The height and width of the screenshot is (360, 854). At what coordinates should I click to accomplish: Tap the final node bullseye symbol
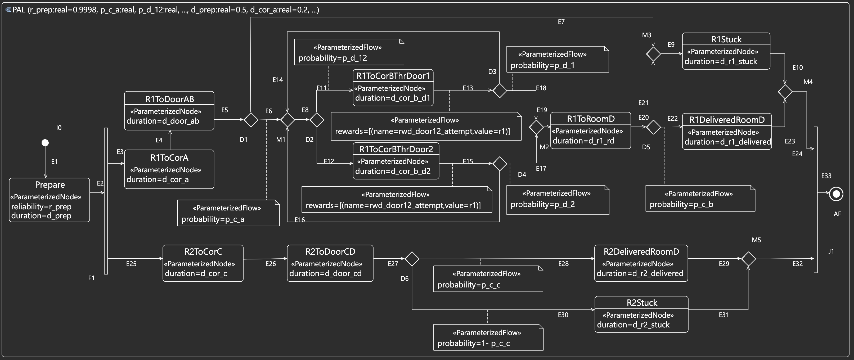click(x=836, y=194)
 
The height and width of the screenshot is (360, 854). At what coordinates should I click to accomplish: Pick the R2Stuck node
click(x=641, y=314)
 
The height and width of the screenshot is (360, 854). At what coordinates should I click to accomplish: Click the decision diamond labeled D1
click(x=251, y=120)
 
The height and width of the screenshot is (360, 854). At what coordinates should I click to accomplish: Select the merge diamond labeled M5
click(x=748, y=259)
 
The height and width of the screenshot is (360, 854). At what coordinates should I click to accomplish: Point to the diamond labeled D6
click(x=412, y=259)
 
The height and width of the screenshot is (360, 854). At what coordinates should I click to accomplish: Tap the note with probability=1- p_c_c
click(x=488, y=337)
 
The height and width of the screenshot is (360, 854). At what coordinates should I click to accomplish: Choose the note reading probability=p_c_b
click(x=700, y=199)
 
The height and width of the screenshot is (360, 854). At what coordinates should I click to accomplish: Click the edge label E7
click(x=561, y=22)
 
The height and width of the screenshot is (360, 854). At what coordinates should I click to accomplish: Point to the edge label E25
click(x=131, y=264)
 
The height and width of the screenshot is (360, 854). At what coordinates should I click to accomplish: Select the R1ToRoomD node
click(x=590, y=130)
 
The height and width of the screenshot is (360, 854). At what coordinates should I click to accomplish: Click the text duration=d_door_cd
click(x=325, y=273)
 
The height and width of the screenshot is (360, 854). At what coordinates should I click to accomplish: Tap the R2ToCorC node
click(x=203, y=263)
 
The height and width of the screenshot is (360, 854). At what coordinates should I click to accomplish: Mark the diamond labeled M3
click(x=653, y=54)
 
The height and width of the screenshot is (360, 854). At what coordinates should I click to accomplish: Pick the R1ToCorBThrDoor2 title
click(x=396, y=149)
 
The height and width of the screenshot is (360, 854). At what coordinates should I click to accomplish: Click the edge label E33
click(x=826, y=176)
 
